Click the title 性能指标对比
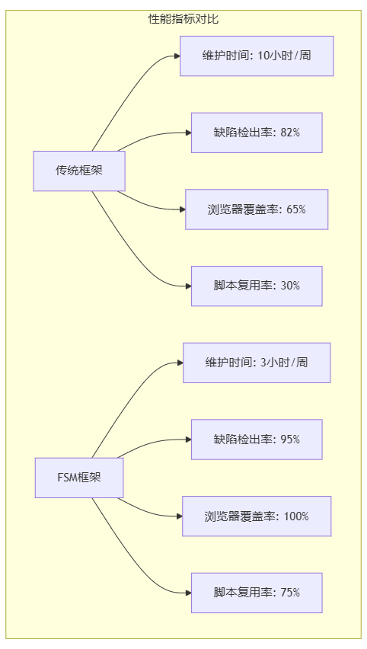(183, 18)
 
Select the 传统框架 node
(79, 171)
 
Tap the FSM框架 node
(79, 478)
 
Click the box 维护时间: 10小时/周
(257, 56)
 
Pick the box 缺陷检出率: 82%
(257, 133)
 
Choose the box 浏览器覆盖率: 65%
(257, 209)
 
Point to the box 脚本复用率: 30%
(257, 286)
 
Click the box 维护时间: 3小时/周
(257, 363)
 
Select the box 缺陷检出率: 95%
(257, 440)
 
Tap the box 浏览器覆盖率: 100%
(257, 516)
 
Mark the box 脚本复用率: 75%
(257, 593)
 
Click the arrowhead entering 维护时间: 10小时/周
(176, 56)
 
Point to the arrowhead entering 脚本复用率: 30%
(187, 286)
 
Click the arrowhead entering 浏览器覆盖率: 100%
(178, 516)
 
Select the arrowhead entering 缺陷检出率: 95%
(187, 440)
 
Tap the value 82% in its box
(289, 133)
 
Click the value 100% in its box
(296, 516)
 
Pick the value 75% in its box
(289, 593)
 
